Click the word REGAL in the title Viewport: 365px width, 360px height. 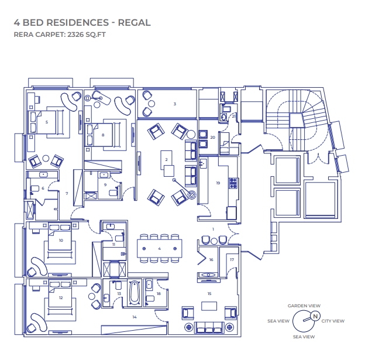135,23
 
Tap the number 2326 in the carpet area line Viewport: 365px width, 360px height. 71,35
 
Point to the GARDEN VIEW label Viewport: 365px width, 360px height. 304,306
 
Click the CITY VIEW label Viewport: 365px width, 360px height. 333,321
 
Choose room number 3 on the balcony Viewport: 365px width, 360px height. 174,104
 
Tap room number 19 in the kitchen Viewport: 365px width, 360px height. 218,183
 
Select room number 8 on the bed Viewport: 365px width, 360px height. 103,135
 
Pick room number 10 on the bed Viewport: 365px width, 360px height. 60,240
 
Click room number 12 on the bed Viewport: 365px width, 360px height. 60,297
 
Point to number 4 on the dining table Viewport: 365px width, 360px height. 159,249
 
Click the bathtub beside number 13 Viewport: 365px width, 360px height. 133,293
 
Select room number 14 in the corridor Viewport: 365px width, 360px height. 134,317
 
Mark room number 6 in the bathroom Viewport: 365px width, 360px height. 43,188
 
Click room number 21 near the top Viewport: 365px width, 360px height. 233,116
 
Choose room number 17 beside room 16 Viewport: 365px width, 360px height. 232,259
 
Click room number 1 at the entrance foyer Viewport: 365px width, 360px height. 214,228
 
